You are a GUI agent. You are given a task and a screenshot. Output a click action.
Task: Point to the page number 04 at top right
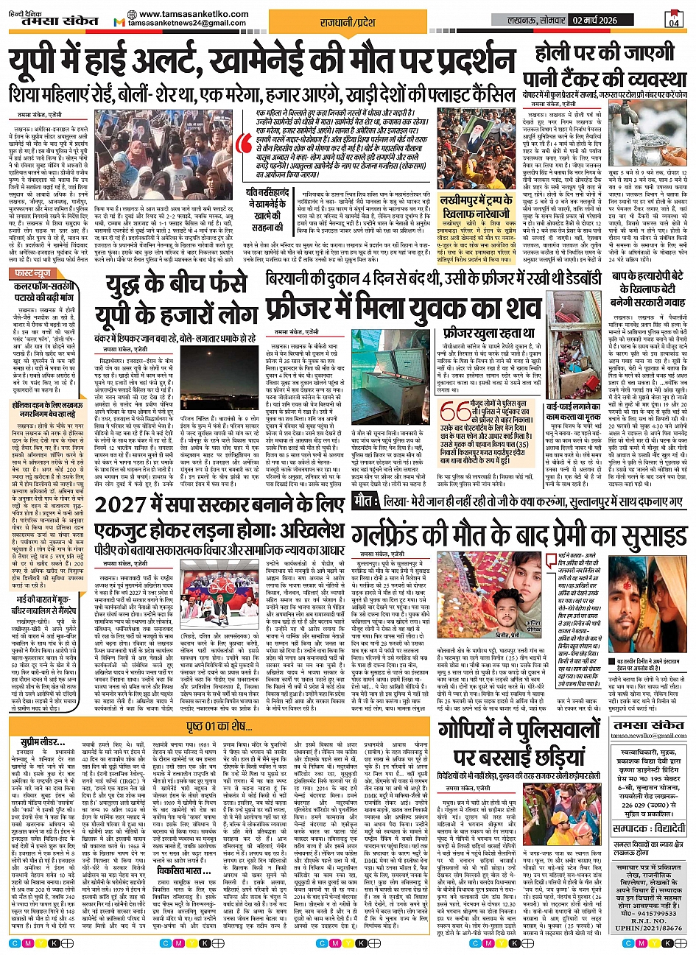[x=674, y=21]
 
